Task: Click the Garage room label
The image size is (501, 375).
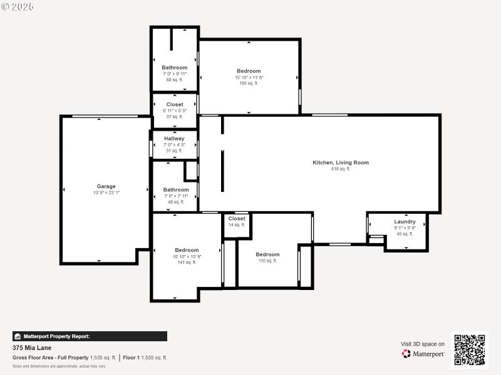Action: [x=106, y=186]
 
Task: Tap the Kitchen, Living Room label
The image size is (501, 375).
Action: [x=341, y=162]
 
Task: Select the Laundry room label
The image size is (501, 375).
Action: [x=405, y=222]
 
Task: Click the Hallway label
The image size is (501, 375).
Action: [x=174, y=139]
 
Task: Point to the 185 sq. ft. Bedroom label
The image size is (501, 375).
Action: [x=249, y=71]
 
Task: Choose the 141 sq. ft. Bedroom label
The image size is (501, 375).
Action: [x=187, y=250]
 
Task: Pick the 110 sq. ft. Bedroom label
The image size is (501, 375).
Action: [x=267, y=254]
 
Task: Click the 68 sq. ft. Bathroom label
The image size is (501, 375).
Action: [x=174, y=67]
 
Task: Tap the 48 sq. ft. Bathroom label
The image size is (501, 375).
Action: [x=176, y=189]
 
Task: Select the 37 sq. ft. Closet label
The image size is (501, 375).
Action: [x=175, y=104]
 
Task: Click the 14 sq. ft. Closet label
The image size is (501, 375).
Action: [x=237, y=219]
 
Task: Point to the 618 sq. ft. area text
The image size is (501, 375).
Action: [x=341, y=169]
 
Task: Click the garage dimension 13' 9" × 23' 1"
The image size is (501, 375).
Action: [x=106, y=193]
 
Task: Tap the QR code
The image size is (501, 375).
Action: [x=468, y=349]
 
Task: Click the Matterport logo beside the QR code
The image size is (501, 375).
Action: [x=423, y=354]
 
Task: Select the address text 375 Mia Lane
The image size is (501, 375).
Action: [x=32, y=347]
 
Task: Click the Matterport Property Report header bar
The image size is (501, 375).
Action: [x=90, y=336]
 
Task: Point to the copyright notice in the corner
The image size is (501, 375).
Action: [x=18, y=6]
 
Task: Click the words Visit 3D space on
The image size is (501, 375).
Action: [x=423, y=344]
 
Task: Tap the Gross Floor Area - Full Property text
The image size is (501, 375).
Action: [x=51, y=357]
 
